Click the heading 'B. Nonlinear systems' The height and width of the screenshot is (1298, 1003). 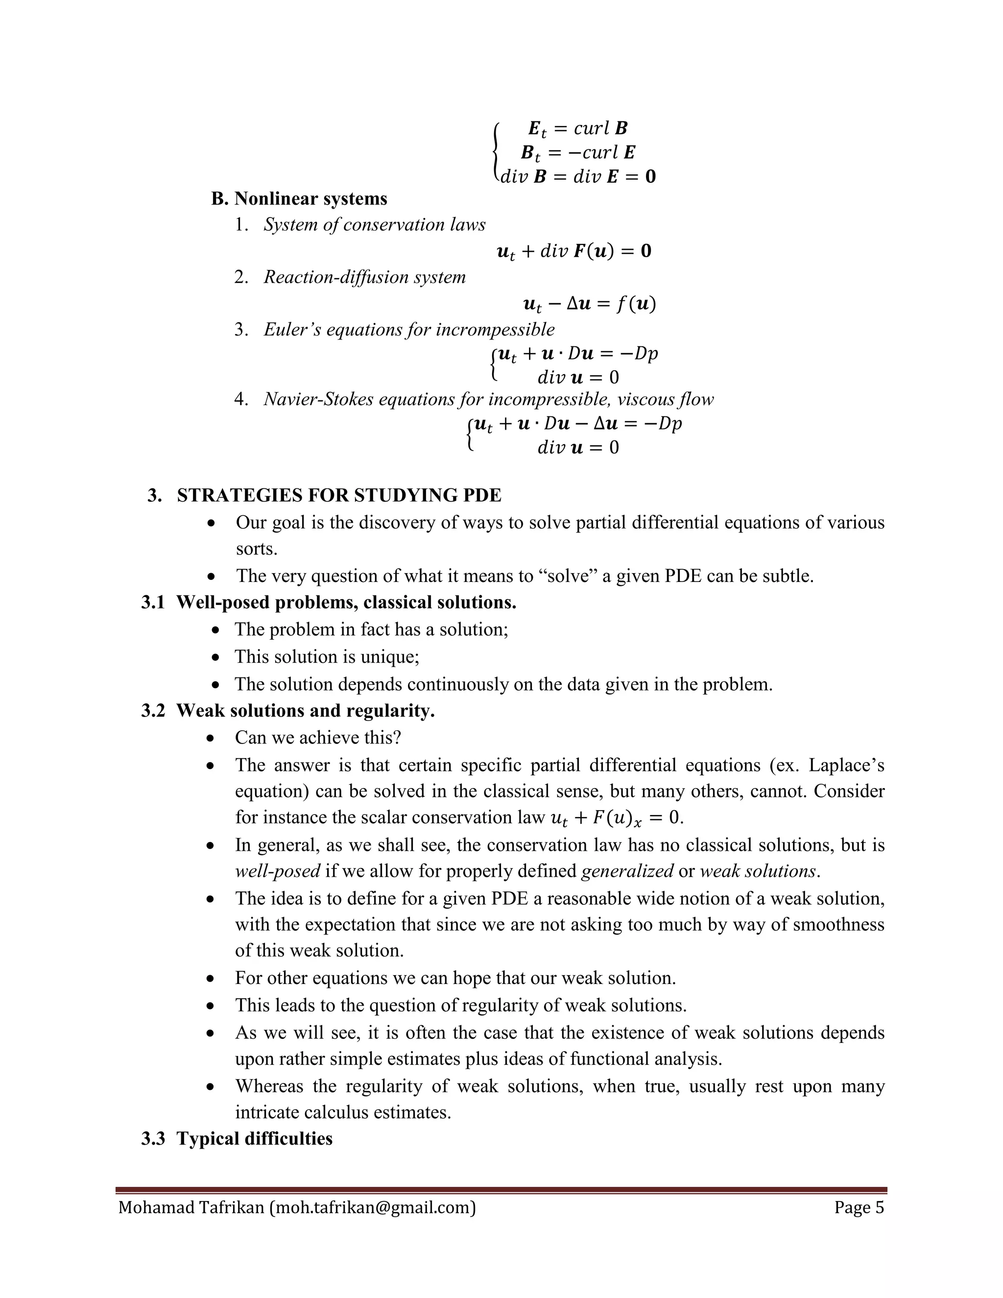[x=299, y=198]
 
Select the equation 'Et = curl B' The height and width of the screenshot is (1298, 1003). [x=577, y=128]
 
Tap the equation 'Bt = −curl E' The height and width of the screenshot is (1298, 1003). [x=577, y=153]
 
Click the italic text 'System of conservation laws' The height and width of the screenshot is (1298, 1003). [x=374, y=225]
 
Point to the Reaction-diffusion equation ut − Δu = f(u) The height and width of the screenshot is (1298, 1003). [x=589, y=304]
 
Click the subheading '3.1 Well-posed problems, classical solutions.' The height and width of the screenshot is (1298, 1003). [x=329, y=602]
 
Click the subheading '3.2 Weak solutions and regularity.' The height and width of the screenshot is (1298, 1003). [x=288, y=711]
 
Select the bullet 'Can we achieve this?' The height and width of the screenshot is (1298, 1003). [x=318, y=738]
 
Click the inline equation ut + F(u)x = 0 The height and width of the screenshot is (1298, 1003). [x=617, y=818]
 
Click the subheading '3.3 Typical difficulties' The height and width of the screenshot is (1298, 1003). [x=237, y=1139]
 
